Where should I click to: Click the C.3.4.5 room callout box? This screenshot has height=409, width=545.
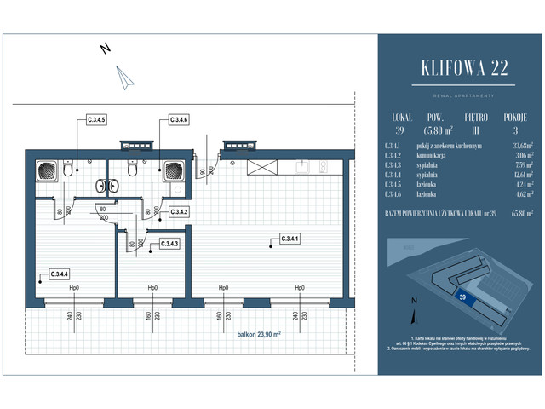[x=95, y=120]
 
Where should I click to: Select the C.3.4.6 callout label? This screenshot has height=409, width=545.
[x=178, y=120]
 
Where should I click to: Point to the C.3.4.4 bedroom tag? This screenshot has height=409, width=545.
[x=58, y=274]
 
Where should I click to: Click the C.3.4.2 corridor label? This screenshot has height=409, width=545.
[x=178, y=211]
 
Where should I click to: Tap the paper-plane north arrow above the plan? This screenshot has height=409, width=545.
[x=126, y=78]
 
